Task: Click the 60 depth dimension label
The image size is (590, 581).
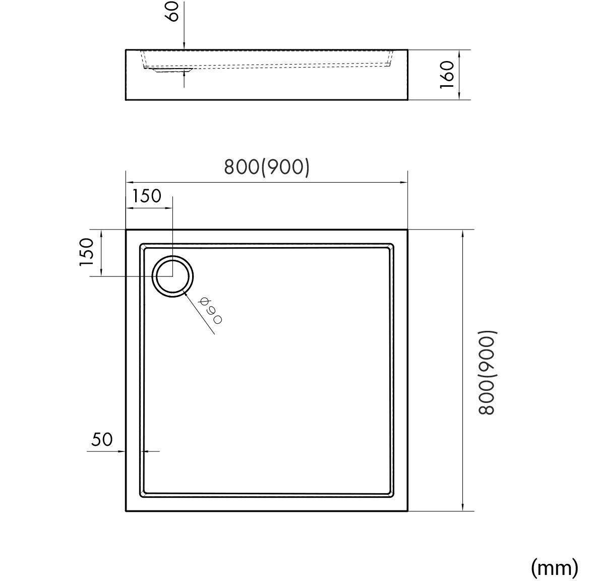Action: tap(173, 11)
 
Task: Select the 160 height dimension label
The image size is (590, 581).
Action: tap(448, 75)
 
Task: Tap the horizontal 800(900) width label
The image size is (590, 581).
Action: tap(266, 167)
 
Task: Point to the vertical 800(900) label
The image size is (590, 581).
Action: tap(488, 372)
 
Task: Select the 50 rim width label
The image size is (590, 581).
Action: tap(102, 440)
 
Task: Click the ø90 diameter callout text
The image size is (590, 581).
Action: tap(211, 310)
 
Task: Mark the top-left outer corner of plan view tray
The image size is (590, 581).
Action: tap(126, 230)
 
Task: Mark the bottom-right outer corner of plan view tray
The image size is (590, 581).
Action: tap(407, 511)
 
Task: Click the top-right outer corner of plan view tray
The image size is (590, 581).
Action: tap(407, 230)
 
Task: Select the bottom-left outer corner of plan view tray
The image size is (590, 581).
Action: tap(126, 511)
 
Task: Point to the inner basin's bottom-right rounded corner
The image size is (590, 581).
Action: tap(390, 494)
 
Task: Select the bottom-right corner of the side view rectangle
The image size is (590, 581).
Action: tap(407, 100)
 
